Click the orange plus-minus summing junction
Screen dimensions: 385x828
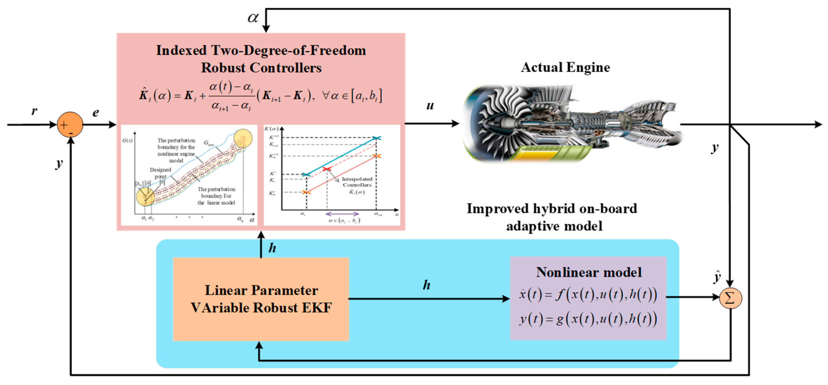[70, 125]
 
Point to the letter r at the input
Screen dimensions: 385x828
[34, 111]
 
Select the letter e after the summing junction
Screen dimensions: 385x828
[95, 112]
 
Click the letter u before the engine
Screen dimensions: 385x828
[430, 106]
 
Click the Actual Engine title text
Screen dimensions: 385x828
[565, 68]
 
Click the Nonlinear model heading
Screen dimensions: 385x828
[588, 272]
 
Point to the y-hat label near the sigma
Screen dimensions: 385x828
[717, 277]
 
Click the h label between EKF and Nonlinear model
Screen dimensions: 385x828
[426, 285]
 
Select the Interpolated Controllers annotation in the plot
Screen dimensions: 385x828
[357, 182]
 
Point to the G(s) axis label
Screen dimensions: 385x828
[127, 141]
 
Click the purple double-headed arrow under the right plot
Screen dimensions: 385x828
[342, 214]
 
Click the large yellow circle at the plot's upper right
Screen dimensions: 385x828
[243, 138]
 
